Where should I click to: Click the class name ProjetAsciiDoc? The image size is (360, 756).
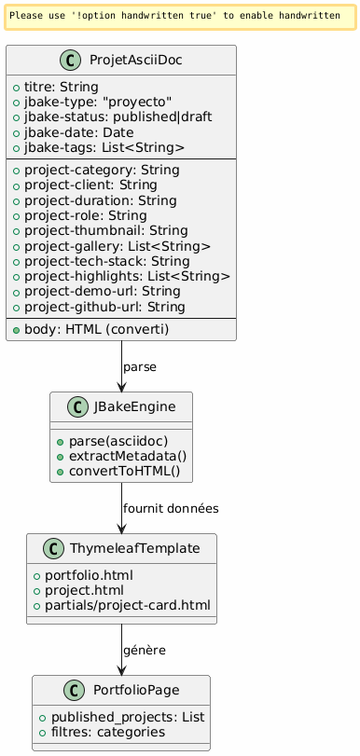point(135,61)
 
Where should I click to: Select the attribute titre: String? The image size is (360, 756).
point(62,88)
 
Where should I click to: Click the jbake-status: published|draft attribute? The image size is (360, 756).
point(118,117)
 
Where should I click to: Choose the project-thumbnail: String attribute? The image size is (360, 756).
point(106,231)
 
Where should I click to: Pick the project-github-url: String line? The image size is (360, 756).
point(104,307)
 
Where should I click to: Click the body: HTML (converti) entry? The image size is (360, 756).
point(96,329)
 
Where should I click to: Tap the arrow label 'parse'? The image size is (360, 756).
point(140,367)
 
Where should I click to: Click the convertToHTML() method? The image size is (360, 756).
point(124,471)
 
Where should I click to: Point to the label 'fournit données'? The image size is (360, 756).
point(171,509)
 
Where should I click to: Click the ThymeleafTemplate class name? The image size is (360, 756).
point(134,548)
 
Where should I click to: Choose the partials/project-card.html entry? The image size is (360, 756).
point(128,606)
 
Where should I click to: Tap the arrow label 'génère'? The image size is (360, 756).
point(145,651)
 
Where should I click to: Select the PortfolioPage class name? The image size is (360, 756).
point(136,690)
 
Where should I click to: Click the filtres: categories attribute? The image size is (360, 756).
point(108,733)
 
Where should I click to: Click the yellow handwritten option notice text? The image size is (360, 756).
point(174,16)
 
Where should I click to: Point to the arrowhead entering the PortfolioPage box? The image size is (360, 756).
point(121,670)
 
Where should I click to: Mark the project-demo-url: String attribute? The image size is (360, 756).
point(103,292)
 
